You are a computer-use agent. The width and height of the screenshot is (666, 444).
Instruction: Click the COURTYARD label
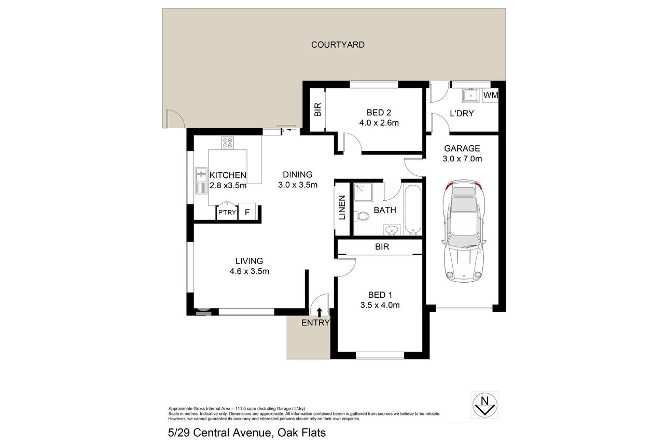click(x=338, y=45)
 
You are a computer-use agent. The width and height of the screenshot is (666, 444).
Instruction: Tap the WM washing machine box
click(x=490, y=95)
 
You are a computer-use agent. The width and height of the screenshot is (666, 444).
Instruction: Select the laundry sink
click(x=470, y=95)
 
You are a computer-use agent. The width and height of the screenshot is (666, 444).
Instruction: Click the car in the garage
click(x=464, y=231)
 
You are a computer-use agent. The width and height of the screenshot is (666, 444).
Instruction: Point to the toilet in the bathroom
click(x=362, y=216)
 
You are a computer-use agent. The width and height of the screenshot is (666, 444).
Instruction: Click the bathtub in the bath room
click(x=413, y=210)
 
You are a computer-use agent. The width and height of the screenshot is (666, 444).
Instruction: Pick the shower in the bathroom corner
click(x=363, y=192)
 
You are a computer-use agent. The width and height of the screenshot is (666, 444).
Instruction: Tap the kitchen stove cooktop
click(x=228, y=143)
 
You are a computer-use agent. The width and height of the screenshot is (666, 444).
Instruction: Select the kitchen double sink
click(x=201, y=181)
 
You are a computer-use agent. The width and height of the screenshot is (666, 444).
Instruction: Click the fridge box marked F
click(x=247, y=212)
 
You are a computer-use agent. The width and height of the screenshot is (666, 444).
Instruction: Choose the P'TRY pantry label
click(x=227, y=212)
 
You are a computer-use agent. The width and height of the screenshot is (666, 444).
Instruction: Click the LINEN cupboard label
click(x=342, y=207)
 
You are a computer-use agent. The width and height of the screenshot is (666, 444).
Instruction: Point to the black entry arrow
click(x=320, y=313)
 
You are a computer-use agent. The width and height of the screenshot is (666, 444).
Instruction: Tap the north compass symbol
click(x=484, y=405)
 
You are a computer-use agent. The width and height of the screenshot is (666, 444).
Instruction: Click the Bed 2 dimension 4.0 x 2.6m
click(x=379, y=123)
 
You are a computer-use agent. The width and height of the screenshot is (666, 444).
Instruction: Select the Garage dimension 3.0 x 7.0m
click(x=462, y=159)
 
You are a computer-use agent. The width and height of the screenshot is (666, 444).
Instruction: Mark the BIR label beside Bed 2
click(x=318, y=109)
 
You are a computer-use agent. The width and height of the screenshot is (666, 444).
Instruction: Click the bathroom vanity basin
click(x=392, y=230)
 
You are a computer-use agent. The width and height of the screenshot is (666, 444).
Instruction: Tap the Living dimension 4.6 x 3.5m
click(x=249, y=271)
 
